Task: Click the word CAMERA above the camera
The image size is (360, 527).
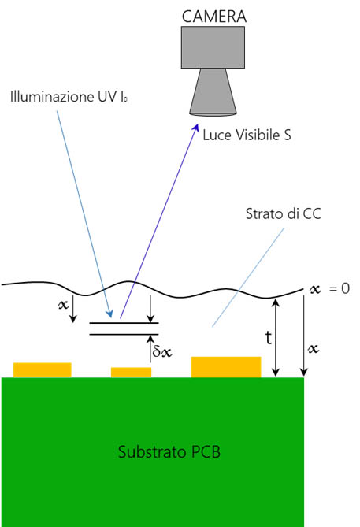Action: coord(214,17)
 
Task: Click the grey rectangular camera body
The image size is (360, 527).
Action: coord(213,47)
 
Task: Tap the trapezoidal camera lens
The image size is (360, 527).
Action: coord(213,92)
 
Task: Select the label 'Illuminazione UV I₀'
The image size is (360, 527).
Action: coord(69,97)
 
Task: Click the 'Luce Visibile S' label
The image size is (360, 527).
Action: coord(247,135)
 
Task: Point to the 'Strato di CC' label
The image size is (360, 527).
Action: coord(284,213)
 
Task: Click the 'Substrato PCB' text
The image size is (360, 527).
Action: coord(169,452)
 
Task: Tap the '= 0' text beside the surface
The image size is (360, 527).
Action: coord(340,288)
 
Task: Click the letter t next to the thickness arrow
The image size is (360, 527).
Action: coord(268,337)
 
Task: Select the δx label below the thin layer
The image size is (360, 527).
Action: coord(162,351)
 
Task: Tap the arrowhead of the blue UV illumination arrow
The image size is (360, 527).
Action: coord(109,314)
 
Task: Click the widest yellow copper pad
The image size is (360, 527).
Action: coord(226,367)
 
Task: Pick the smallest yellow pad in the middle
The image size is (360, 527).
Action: coord(131,372)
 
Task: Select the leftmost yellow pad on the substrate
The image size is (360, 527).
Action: coord(43,369)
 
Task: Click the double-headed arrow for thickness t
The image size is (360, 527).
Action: coord(276,337)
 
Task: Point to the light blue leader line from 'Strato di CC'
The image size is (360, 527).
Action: coord(248,277)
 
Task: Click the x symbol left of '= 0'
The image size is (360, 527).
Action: coord(315,289)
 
